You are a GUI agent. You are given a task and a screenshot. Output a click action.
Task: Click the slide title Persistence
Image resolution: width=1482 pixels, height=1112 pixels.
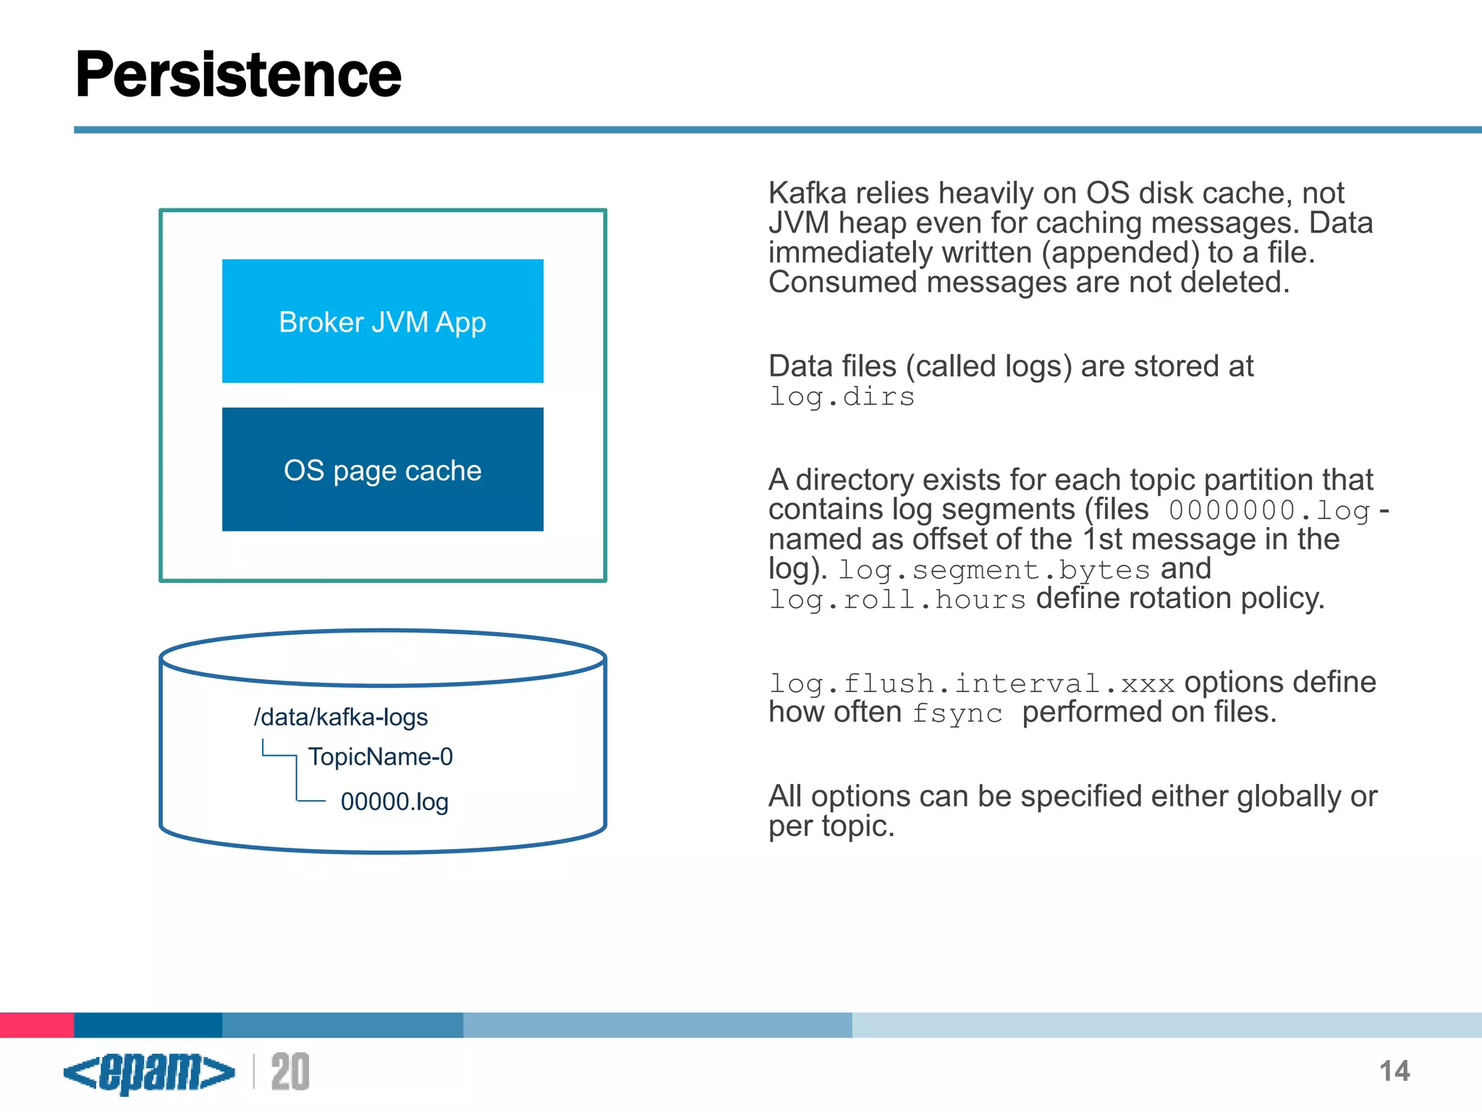click(x=238, y=75)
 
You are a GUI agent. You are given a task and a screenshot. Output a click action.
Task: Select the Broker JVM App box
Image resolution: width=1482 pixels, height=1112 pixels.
click(x=382, y=321)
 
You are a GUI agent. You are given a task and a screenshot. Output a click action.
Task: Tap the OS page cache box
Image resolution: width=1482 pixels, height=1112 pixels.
click(x=382, y=470)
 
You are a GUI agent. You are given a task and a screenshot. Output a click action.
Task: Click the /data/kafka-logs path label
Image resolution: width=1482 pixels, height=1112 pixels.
click(x=341, y=717)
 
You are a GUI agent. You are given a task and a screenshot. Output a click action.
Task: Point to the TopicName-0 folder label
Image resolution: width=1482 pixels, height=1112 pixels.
click(x=380, y=757)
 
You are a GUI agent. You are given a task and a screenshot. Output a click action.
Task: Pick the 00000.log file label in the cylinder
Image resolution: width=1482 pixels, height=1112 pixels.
click(x=394, y=801)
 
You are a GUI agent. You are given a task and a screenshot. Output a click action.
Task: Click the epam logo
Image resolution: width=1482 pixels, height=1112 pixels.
click(x=149, y=1072)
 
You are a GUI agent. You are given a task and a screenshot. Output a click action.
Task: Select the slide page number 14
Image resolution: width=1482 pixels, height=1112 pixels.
click(x=1394, y=1071)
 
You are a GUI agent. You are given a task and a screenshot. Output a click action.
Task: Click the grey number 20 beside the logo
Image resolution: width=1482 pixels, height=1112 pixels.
click(x=290, y=1072)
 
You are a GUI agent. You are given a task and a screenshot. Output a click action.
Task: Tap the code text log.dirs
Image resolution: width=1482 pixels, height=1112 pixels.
click(x=842, y=397)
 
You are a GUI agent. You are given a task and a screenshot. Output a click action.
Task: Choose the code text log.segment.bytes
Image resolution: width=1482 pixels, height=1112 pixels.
click(x=994, y=570)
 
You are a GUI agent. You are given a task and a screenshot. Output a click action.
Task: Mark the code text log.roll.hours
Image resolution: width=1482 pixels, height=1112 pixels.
click(x=897, y=600)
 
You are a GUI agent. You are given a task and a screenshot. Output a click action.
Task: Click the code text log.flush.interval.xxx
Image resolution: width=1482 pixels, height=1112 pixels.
click(x=972, y=683)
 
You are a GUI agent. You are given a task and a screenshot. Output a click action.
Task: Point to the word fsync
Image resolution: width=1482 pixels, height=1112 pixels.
click(x=957, y=714)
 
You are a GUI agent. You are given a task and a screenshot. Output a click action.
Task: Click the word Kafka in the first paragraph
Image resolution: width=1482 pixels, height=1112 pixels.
click(x=808, y=193)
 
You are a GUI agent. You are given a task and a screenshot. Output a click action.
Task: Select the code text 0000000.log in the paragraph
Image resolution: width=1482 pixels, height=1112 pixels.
click(x=1269, y=510)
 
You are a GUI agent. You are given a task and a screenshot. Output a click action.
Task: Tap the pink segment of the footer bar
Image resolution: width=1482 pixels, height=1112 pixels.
click(x=37, y=1024)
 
